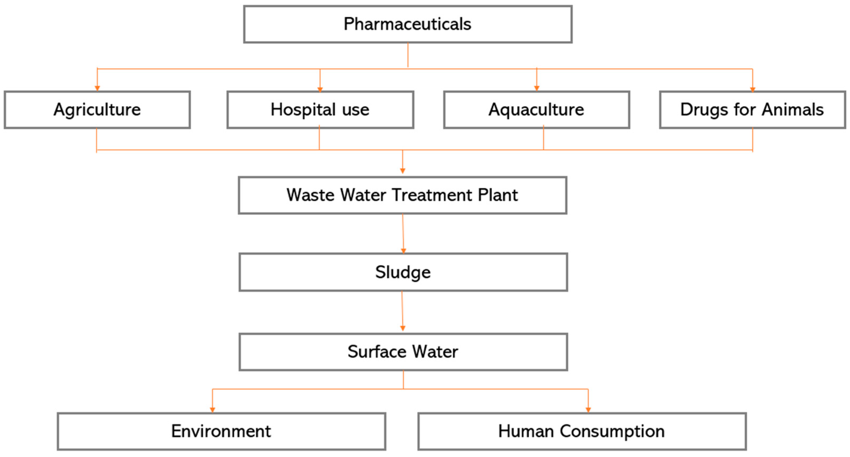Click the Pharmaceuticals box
click(x=408, y=24)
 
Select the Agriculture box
click(x=97, y=109)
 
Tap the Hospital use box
click(x=320, y=109)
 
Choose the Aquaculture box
click(x=536, y=109)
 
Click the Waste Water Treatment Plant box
click(x=402, y=195)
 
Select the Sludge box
click(x=403, y=272)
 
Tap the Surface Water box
click(x=403, y=352)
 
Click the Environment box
click(x=221, y=431)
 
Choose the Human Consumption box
click(x=581, y=431)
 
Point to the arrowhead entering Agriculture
click(x=97, y=88)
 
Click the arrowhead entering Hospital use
click(x=320, y=89)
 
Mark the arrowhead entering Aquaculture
click(x=537, y=88)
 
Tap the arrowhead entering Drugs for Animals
click(x=752, y=89)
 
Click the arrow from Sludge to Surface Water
click(x=402, y=312)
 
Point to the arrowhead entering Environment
click(x=212, y=410)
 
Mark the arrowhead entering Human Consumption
click(x=588, y=410)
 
